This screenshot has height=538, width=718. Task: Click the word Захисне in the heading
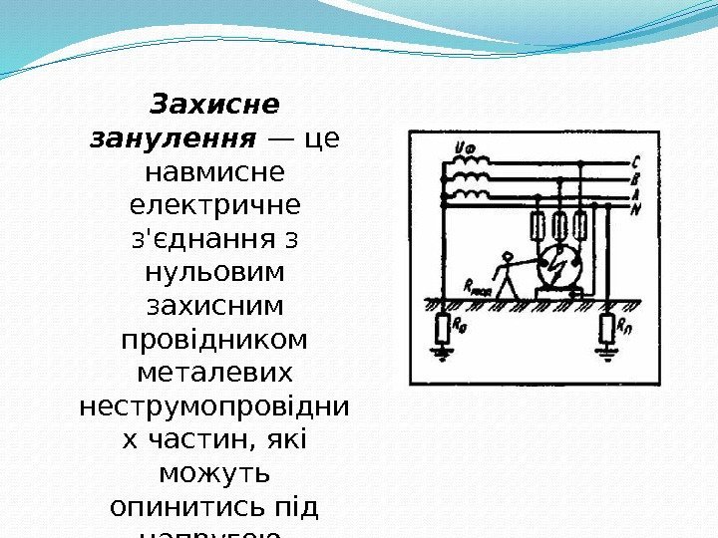[x=214, y=104]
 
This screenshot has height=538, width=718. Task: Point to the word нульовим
[x=214, y=272]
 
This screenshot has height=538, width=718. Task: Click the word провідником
[x=214, y=339]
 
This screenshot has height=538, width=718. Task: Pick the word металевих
[x=214, y=373]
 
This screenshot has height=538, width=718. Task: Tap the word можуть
[x=214, y=473]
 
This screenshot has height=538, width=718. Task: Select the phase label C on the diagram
[x=635, y=163]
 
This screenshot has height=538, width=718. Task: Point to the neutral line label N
[x=635, y=208]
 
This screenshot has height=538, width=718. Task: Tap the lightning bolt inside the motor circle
[x=559, y=268]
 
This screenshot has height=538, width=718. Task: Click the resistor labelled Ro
[x=443, y=327]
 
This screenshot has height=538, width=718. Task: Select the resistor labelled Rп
[x=607, y=327]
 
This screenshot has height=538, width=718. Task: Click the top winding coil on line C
[x=470, y=162]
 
